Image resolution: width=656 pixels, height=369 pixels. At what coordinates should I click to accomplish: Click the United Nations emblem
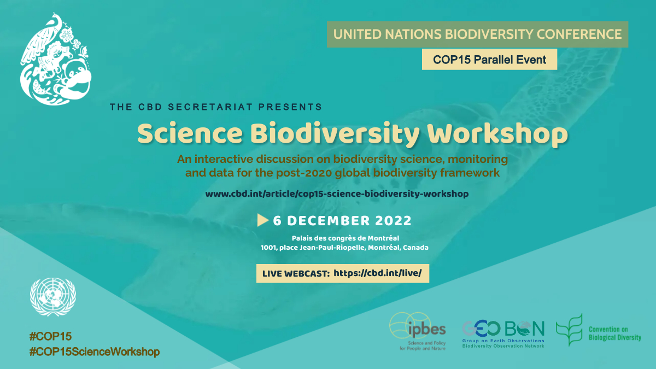click(x=53, y=297)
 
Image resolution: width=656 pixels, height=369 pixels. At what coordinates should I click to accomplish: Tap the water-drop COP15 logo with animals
click(x=56, y=59)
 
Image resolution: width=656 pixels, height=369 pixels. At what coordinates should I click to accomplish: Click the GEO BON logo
click(x=503, y=334)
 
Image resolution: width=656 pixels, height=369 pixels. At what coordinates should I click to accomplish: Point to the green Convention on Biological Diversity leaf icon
click(x=569, y=330)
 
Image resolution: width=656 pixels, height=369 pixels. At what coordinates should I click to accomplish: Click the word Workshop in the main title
click(x=497, y=134)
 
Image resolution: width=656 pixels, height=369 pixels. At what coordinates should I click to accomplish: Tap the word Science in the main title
click(x=190, y=133)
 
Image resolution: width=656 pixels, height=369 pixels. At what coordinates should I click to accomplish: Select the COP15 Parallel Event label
click(x=489, y=60)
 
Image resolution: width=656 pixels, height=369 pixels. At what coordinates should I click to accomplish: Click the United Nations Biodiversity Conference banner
click(x=477, y=34)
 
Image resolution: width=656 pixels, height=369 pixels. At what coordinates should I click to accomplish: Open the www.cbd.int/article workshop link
click(x=337, y=194)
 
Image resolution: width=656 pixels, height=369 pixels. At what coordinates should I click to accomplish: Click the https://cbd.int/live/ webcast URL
click(x=378, y=273)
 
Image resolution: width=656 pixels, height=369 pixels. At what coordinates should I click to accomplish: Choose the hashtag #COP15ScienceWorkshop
click(x=94, y=352)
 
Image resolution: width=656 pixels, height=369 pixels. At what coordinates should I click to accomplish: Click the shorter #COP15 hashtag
click(x=50, y=337)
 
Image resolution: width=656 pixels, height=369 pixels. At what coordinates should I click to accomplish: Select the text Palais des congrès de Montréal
click(x=345, y=238)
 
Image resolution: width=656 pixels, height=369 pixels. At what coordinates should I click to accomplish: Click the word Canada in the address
click(x=415, y=248)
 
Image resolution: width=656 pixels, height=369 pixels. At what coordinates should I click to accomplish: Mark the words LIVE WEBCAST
click(x=296, y=274)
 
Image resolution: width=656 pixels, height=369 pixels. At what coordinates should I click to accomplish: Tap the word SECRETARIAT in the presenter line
click(x=210, y=107)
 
